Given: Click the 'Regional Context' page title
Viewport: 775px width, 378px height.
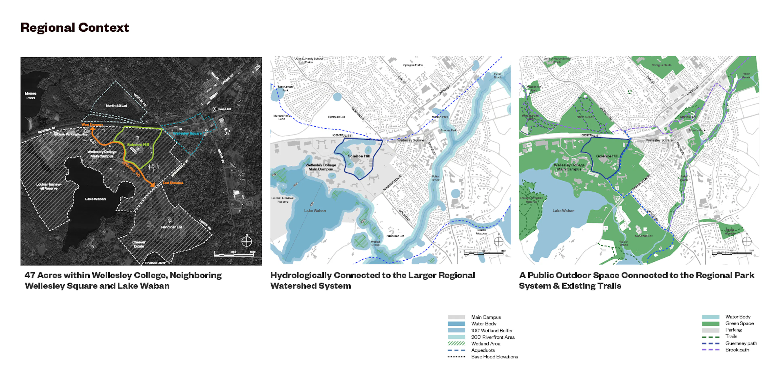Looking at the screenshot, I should coord(75,28).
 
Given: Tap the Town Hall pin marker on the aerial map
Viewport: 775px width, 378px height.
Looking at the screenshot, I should coord(214,109).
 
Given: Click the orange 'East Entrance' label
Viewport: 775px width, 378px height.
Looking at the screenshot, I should coord(173,183).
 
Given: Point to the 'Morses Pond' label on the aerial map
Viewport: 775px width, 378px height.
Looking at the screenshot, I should coord(30,96).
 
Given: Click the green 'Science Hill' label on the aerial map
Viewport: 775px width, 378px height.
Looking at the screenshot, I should coord(138,145).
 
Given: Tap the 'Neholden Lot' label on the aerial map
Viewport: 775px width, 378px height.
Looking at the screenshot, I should coord(172,227).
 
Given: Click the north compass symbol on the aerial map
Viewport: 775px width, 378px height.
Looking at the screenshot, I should coord(246,241).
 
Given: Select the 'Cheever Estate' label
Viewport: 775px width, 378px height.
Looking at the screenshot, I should coord(139,244).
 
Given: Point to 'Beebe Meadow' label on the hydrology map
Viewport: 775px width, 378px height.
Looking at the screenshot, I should coord(481,232).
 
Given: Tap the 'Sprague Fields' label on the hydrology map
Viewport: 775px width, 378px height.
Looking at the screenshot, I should coord(413,65).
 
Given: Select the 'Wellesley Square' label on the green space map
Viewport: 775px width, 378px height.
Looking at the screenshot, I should coord(659,140).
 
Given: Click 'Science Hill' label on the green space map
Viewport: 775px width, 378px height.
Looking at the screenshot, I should coord(607,156).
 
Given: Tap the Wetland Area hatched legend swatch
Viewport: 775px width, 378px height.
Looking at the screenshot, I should coord(456,344).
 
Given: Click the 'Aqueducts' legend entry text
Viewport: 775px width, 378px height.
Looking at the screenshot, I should coord(483,350).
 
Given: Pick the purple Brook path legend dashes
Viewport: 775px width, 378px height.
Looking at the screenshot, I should coord(710,350).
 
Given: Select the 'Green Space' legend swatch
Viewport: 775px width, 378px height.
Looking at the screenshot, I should coord(710,324).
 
